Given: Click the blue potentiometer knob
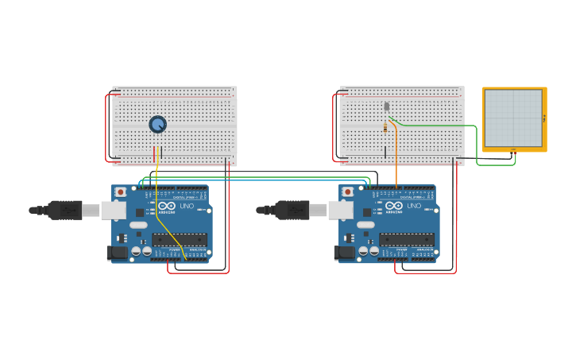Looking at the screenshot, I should (x=157, y=124).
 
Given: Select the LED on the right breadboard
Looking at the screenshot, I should (x=387, y=106).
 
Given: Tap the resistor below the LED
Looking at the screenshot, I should (x=386, y=127).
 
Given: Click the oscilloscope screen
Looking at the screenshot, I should (x=513, y=118).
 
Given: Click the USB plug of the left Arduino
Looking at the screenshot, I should (x=65, y=210).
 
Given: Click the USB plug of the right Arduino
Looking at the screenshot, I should (x=292, y=210).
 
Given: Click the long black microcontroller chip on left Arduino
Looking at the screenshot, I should (x=180, y=239).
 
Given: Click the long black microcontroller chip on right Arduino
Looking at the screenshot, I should (x=407, y=239).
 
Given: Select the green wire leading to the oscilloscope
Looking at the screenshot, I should (x=445, y=126).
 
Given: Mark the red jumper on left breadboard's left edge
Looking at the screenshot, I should (x=106, y=127).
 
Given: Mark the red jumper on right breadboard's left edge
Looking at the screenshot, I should (x=334, y=127).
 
